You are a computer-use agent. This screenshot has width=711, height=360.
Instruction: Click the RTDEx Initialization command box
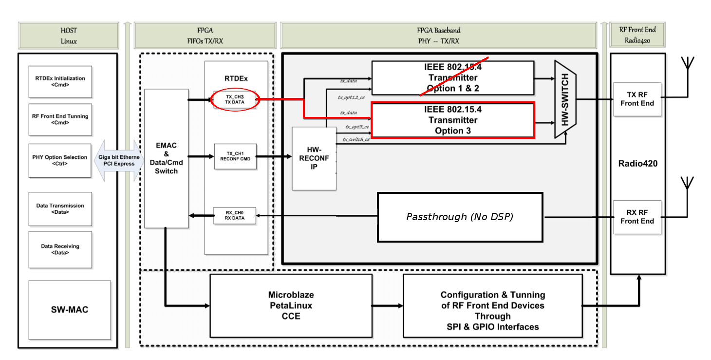tap(60, 81)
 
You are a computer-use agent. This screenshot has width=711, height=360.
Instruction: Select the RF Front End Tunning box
tap(60, 119)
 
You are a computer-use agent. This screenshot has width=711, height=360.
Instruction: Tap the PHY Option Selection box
tap(60, 160)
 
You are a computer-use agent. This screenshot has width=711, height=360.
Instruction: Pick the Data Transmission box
tap(60, 208)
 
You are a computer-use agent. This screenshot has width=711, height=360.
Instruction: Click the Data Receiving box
tap(60, 249)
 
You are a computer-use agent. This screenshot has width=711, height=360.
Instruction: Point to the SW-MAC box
tap(70, 310)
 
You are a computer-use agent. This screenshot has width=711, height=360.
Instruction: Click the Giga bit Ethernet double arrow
tap(118, 161)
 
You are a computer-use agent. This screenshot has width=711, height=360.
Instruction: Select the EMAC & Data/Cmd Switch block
tap(166, 158)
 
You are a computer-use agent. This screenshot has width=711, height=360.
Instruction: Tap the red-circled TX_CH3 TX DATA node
tap(235, 99)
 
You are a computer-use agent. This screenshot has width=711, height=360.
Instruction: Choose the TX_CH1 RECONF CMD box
tap(235, 156)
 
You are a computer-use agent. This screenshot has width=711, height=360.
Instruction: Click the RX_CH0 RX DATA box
tap(235, 215)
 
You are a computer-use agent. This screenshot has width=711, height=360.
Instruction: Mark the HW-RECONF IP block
tap(314, 158)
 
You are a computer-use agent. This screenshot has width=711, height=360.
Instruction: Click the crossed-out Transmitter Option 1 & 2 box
tap(452, 78)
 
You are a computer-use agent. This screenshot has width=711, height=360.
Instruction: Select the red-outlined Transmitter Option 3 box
tap(452, 120)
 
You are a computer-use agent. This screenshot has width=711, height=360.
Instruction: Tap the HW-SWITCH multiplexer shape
tap(565, 100)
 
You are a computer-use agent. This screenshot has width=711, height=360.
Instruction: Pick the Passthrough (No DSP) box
tap(460, 217)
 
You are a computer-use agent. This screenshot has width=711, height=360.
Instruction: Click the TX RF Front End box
tap(636, 99)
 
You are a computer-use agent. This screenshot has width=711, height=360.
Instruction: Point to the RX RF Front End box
tap(636, 217)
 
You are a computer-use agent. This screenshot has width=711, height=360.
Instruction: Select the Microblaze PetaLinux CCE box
tap(291, 305)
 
